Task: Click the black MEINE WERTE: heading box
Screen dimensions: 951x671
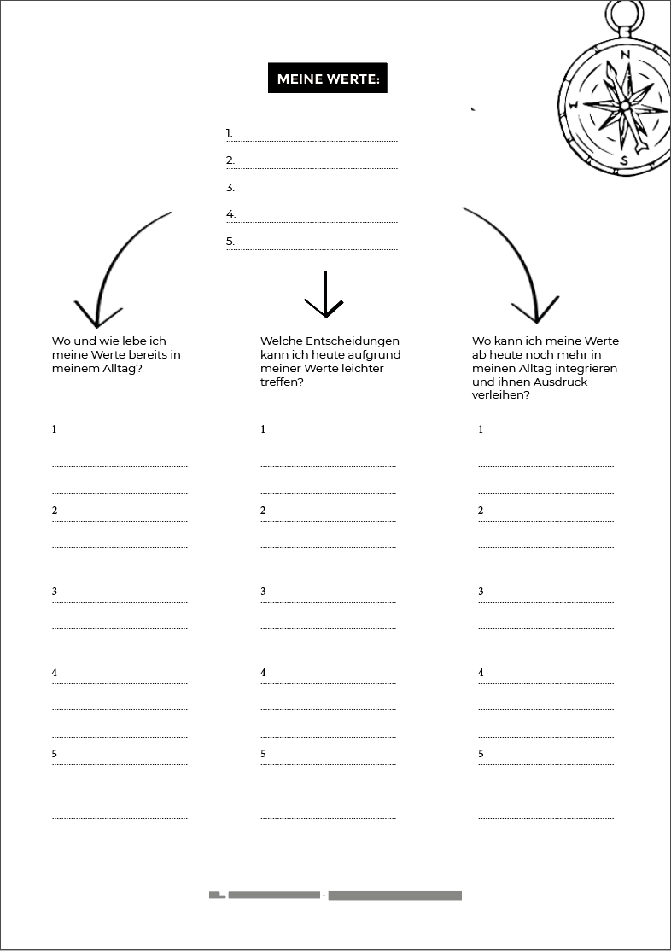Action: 327,79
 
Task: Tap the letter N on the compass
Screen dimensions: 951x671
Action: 626,55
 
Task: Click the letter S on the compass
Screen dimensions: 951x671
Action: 624,160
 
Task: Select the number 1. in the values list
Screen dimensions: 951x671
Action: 229,133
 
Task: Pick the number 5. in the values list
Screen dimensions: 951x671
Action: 230,242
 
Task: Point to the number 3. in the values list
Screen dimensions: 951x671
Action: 230,188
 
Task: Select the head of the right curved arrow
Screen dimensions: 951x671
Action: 536,312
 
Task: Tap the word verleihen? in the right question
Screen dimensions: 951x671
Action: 500,395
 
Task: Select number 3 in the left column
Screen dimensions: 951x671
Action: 55,592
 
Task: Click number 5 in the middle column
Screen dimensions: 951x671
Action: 263,754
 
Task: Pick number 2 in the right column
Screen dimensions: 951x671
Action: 481,511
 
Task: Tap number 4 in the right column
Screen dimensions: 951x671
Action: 481,673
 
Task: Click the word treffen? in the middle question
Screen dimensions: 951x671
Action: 282,382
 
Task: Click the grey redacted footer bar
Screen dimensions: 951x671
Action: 335,896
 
